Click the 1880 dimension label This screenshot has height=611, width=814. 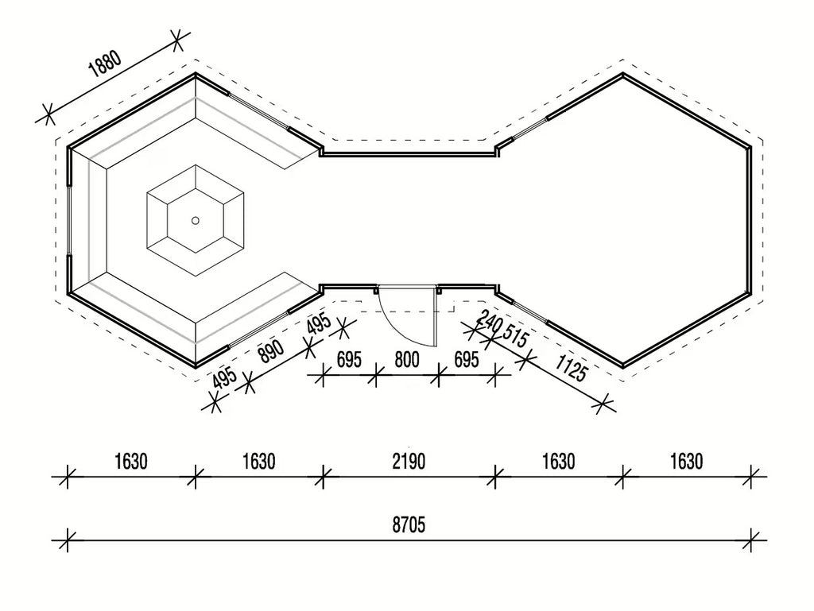106,64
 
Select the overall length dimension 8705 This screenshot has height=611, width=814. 409,525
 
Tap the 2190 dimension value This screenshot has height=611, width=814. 409,461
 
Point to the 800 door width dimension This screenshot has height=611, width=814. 407,359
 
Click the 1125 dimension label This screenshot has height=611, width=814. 571,368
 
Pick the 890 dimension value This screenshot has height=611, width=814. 272,352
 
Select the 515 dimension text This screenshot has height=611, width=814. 515,337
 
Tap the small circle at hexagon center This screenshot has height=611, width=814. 196,221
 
